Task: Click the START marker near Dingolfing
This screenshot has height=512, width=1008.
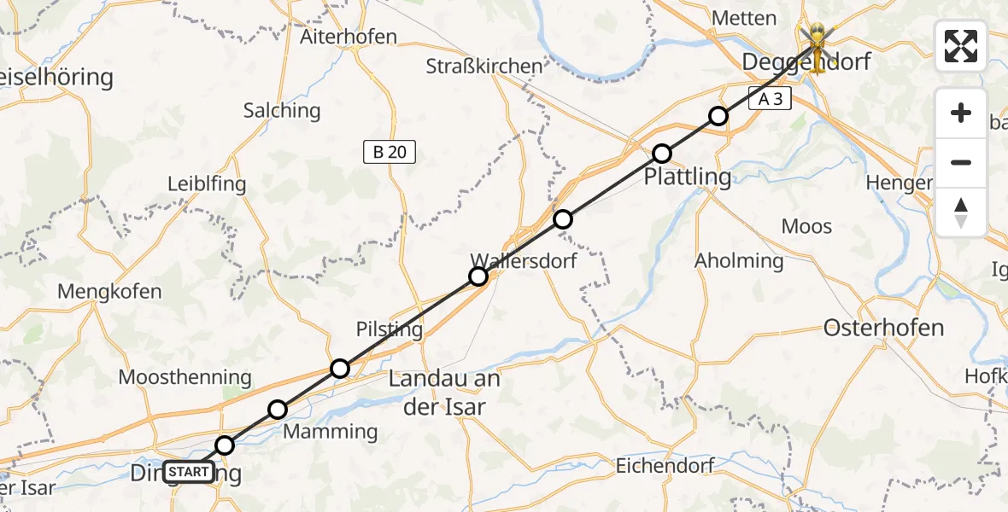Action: coord(188,471)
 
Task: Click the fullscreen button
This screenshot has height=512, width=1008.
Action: coord(961,46)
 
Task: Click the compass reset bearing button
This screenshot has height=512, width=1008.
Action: coord(961,212)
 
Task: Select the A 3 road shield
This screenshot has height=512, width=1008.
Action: coord(771,99)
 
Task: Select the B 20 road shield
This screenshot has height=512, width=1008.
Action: coord(390,153)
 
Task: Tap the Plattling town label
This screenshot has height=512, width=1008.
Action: coord(688,177)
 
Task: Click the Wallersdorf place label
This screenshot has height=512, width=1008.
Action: coord(524,260)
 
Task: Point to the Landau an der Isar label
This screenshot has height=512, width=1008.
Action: coord(444,393)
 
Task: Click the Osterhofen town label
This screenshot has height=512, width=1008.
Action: coord(883,328)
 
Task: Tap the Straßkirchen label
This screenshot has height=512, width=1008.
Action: coord(485,66)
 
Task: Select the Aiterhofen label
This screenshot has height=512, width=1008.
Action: coord(349,37)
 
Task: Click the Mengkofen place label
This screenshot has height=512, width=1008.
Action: coord(109,291)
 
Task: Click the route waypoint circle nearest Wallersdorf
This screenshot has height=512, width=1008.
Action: coord(478,276)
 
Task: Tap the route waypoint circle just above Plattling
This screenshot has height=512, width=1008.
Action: coord(662,154)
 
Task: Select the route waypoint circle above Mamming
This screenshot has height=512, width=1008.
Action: coord(278,410)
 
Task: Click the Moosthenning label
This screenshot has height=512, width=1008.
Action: coord(185,377)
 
